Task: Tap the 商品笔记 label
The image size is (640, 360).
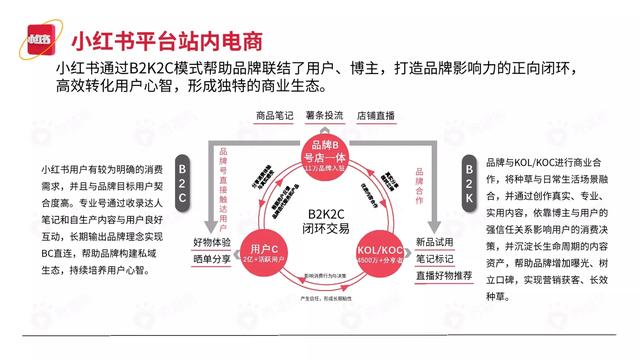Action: pyautogui.click(x=274, y=116)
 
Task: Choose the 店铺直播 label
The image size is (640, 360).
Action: pyautogui.click(x=378, y=116)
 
